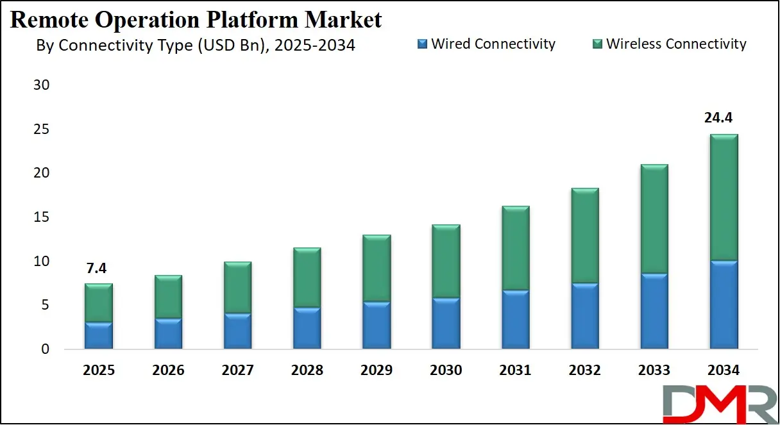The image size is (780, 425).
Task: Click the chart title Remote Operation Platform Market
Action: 196,19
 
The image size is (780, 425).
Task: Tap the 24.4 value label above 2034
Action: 724,118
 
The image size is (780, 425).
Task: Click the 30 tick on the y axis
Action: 40,85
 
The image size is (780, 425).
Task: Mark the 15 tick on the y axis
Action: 40,217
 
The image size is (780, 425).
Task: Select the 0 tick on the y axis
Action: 44,349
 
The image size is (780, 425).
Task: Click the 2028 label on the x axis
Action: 307,370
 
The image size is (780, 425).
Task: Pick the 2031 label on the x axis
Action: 516,370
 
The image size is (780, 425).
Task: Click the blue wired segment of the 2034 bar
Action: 724,305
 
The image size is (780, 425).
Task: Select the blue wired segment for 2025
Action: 99,336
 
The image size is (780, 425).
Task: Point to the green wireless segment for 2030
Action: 446,262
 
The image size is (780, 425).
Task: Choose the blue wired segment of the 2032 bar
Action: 584,317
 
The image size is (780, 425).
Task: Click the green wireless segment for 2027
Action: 237,288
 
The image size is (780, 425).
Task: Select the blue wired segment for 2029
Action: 377,326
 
